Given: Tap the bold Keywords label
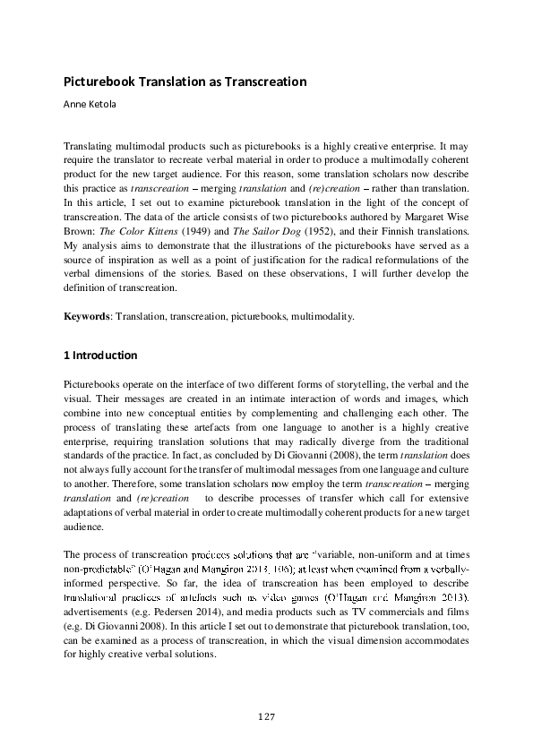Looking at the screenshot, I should tap(87, 316).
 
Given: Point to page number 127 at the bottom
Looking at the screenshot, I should tap(266, 717).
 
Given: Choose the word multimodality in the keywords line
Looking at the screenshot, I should tap(329, 316).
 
